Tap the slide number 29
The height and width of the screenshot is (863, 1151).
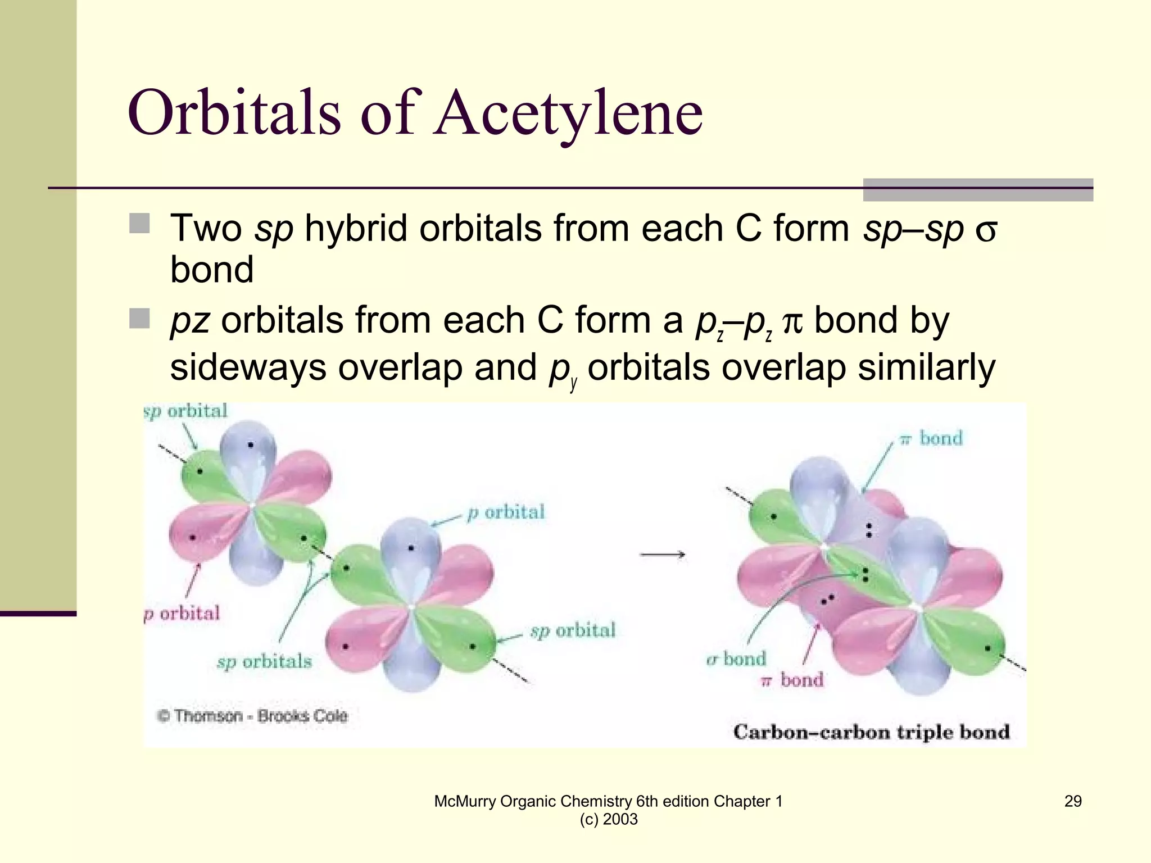click(1072, 801)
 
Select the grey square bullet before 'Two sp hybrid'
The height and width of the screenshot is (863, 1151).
click(139, 223)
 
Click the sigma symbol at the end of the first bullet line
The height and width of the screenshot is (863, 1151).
click(986, 230)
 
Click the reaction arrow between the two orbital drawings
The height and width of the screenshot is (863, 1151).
click(662, 555)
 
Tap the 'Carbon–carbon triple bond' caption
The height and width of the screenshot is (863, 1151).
click(871, 732)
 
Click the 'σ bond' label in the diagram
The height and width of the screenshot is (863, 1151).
click(736, 658)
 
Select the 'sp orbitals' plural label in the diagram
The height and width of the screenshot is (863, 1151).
click(264, 661)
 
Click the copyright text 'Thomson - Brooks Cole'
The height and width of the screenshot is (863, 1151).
click(253, 716)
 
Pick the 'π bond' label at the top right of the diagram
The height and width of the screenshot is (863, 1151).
click(931, 438)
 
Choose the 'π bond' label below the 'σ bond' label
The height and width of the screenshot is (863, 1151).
click(792, 680)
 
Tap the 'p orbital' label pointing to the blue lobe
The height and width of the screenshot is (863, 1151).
click(506, 512)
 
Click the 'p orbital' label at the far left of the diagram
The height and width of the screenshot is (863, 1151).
click(182, 613)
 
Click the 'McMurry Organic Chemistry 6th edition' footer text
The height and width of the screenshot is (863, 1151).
click(608, 801)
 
